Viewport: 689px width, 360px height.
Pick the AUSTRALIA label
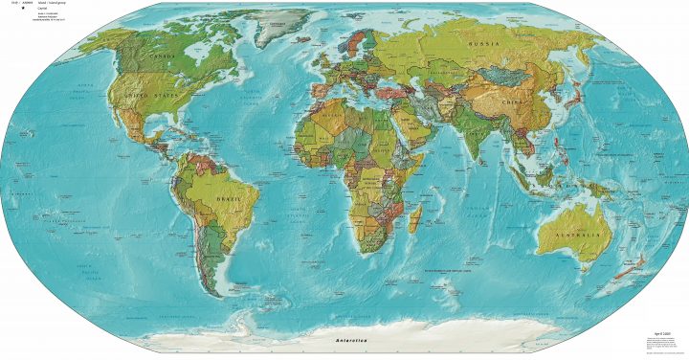point(574,234)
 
